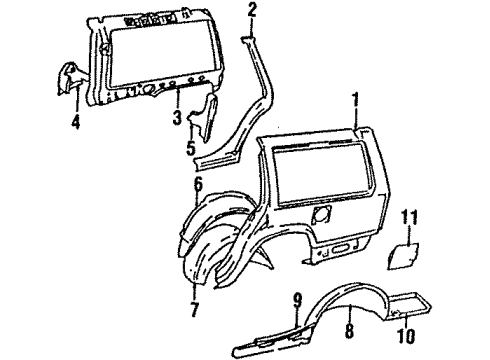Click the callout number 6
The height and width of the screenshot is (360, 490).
tap(199, 183)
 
